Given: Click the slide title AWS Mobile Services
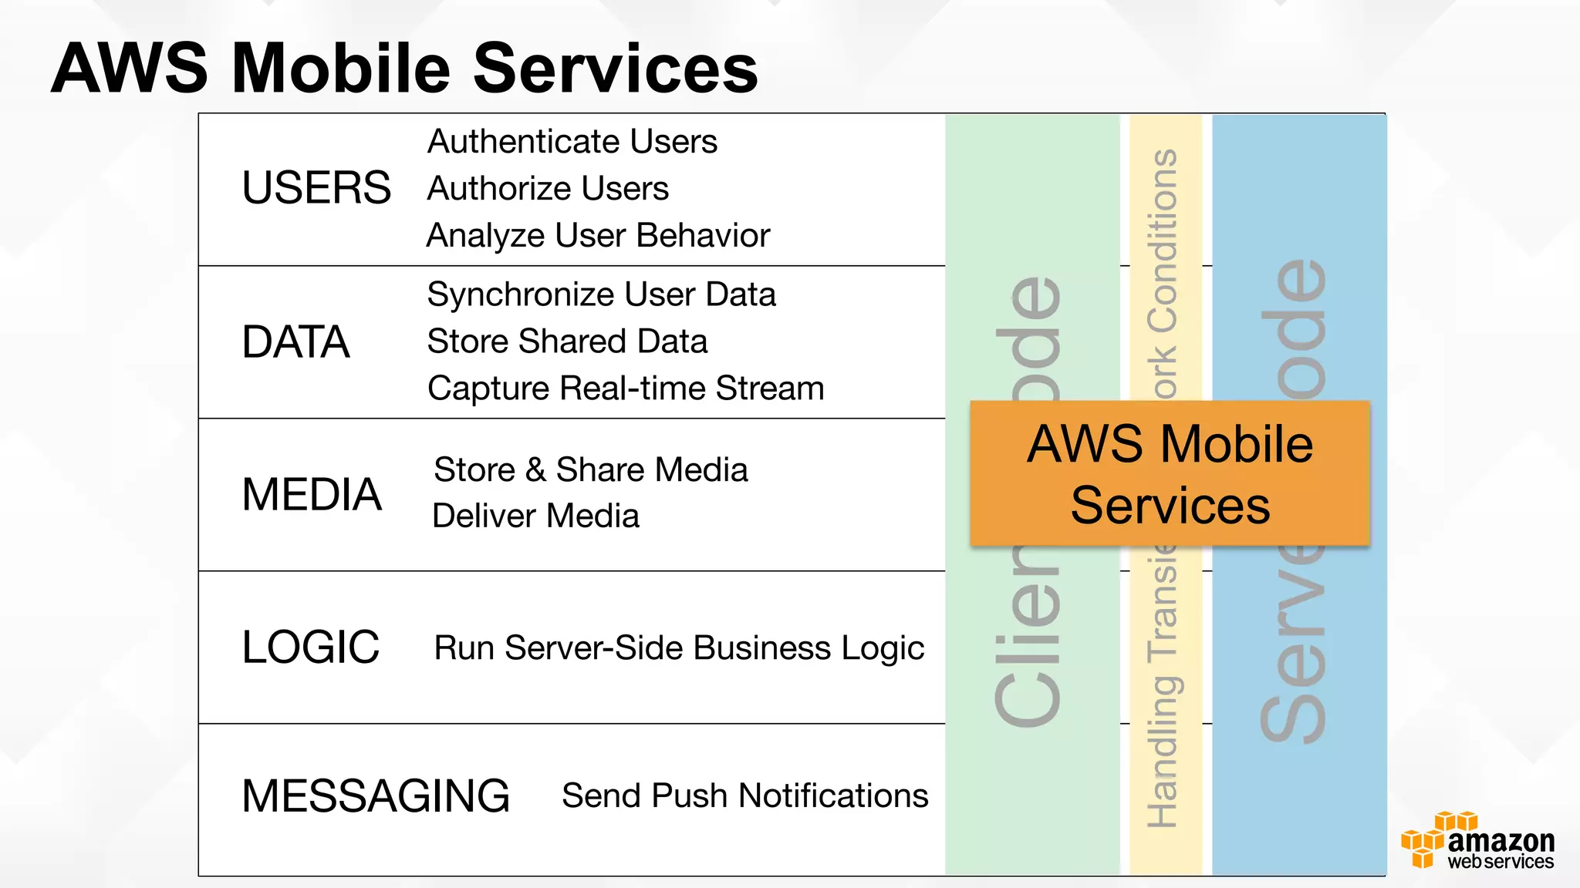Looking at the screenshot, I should pos(404,69).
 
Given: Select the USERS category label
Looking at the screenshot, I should pos(316,188).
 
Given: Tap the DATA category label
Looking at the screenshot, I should pos(295,342).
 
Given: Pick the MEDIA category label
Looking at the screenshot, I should pos(312,494).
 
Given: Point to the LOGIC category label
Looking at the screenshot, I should pos(310,647).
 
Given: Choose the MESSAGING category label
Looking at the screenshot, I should pos(376,796).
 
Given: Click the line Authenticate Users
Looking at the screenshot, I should pos(572,142).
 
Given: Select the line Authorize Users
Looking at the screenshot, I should pos(548,189).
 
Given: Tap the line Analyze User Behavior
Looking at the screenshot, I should pos(598,236).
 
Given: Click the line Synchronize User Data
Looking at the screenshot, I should pos(601,294).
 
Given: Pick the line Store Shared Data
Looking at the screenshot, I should pos(567,341).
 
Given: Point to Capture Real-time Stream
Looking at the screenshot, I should pos(626,388).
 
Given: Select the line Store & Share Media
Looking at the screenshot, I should pos(590,469).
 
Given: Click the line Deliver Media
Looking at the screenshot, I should pos(535,516).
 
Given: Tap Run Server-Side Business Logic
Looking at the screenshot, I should pos(679,648).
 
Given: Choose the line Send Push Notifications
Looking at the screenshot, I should pos(744,795).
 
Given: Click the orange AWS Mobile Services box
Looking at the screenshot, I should pos(1170,473).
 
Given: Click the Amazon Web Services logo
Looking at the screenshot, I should pos(1477,842).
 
